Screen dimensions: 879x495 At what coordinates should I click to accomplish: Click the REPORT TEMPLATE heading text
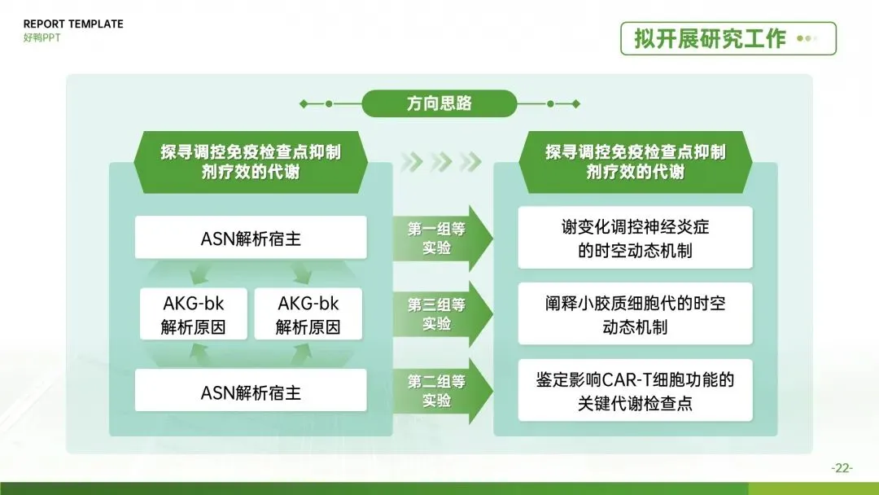point(73,24)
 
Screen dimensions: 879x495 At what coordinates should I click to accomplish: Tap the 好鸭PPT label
point(42,37)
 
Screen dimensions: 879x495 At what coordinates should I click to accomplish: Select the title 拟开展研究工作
point(710,39)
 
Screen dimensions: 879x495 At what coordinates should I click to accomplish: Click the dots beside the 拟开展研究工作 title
point(807,39)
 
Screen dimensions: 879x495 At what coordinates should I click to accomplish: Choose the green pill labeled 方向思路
point(439,103)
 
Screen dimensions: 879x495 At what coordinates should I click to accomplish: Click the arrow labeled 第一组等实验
point(443,239)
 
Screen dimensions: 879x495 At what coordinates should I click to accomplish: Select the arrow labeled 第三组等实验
point(443,314)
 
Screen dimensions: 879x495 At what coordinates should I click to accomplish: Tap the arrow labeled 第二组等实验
point(443,391)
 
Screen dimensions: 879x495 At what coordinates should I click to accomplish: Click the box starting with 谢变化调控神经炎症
point(635,238)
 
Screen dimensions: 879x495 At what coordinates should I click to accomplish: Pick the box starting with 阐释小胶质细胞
point(635,314)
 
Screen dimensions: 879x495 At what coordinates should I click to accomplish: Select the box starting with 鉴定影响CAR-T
point(635,390)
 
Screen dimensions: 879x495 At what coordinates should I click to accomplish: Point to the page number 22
point(842,467)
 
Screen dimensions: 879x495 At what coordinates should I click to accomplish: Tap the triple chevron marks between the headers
point(441,161)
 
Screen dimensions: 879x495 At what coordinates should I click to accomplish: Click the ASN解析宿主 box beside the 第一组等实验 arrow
point(251,238)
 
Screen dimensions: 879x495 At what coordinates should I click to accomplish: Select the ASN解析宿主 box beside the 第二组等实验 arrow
point(251,391)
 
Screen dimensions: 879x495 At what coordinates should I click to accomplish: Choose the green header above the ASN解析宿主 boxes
point(251,162)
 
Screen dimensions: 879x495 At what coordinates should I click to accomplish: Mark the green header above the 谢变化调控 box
point(635,162)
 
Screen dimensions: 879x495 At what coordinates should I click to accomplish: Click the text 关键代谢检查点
point(635,403)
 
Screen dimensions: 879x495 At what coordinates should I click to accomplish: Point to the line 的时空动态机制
point(635,250)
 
